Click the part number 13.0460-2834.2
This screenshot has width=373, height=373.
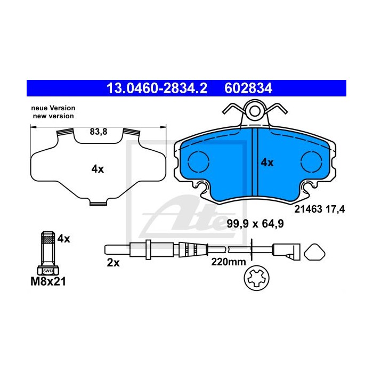pos(157,88)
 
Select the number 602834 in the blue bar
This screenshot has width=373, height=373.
pos(248,88)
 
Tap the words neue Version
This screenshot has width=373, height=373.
pos(53,108)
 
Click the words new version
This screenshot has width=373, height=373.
pos(53,116)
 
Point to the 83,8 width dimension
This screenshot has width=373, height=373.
pos(99,132)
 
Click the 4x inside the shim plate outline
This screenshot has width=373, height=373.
pos(98,169)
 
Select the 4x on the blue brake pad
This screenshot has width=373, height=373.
pos(267,163)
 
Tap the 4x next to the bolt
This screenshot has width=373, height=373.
pos(64,239)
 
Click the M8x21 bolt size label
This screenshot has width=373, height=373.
pos(48,282)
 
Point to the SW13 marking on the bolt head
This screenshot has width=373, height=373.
pos(48,271)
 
